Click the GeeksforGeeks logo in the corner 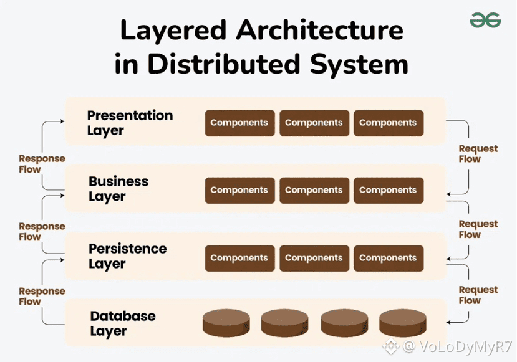[x=485, y=21]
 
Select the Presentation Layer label [x=130, y=123]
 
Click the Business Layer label [x=118, y=189]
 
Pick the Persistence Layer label [x=127, y=256]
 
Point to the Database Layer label [x=122, y=323]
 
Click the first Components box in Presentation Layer [x=239, y=123]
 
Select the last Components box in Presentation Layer [x=388, y=123]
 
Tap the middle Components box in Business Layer [x=314, y=190]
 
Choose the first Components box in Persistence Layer [x=239, y=258]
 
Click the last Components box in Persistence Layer [x=388, y=258]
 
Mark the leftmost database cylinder [x=226, y=323]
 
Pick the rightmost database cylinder [x=402, y=323]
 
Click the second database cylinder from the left [x=284, y=323]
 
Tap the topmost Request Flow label [x=478, y=153]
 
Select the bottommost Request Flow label [x=478, y=295]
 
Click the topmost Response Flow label [x=42, y=164]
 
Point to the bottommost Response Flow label [x=42, y=296]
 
